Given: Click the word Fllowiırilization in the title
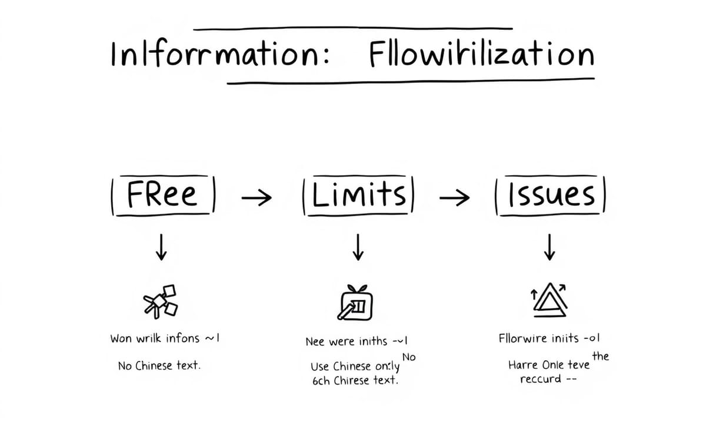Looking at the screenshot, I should tap(481, 55).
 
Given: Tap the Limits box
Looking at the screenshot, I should tap(358, 195).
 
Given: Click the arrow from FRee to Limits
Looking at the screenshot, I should tap(257, 199).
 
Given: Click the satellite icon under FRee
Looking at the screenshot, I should tap(161, 300).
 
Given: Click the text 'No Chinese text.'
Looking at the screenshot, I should tap(159, 365).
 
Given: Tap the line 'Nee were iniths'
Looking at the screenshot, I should tap(351, 341).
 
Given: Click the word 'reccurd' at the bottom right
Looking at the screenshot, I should tap(541, 379).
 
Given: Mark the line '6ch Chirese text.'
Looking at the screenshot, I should tap(355, 380).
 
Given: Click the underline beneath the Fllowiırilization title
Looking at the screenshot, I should tap(411, 82).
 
